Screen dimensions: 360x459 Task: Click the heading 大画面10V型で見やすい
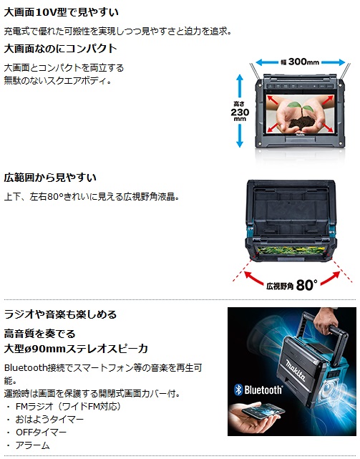tap(61, 12)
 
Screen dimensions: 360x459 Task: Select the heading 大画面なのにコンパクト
tap(61, 48)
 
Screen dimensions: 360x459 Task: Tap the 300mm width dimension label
tap(301, 62)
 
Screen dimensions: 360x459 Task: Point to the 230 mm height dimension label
tap(240, 112)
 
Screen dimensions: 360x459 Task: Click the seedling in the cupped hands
tap(300, 106)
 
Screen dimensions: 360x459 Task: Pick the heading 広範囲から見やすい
tap(50, 178)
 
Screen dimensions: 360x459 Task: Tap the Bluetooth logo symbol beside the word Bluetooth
tap(238, 390)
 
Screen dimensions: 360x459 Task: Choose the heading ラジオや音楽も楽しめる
tap(60, 314)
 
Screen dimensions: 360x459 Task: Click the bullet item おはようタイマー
tap(49, 419)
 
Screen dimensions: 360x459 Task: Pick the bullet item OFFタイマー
tap(42, 432)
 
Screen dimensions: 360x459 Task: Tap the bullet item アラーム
tap(32, 445)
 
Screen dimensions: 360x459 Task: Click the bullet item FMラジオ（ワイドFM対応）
tap(68, 406)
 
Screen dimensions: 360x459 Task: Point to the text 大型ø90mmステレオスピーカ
tap(76, 349)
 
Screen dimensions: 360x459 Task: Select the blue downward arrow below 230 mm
tap(240, 135)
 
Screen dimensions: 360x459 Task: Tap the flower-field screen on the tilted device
tap(291, 251)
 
